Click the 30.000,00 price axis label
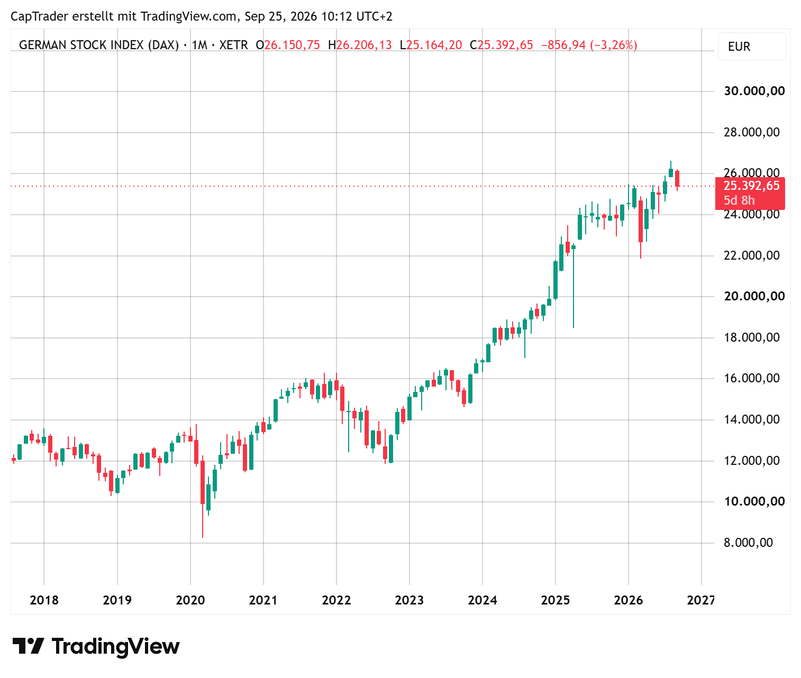pos(754,91)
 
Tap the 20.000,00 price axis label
pos(754,296)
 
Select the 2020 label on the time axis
pos(190,600)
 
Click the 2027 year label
pos(700,600)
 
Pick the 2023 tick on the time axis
pos(409,600)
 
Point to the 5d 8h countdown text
pos(739,200)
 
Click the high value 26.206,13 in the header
pos(364,45)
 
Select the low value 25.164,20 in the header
pos(434,45)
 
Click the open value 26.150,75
pos(292,45)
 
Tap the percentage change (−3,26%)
pos(613,45)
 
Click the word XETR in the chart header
pos(233,45)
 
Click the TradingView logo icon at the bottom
pos(28,646)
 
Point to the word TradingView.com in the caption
pos(188,16)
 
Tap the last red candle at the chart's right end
pos(677,179)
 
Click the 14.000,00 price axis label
pos(751,419)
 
